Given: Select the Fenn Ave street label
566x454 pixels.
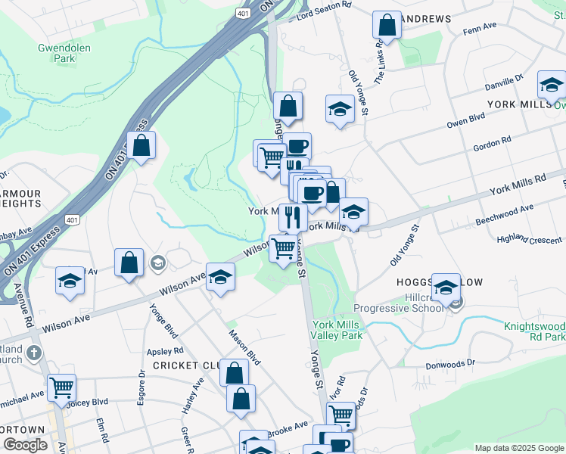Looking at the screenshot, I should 480,26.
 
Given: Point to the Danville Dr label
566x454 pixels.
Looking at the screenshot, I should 505,80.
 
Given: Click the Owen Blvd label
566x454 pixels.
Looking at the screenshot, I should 465,120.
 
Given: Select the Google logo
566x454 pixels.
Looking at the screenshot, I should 24,445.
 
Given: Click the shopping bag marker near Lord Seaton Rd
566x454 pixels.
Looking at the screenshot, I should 387,24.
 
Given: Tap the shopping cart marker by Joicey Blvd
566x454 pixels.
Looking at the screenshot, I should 61,387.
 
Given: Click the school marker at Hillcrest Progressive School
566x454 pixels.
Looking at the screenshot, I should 446,288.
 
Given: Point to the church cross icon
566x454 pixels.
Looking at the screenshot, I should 34,353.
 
